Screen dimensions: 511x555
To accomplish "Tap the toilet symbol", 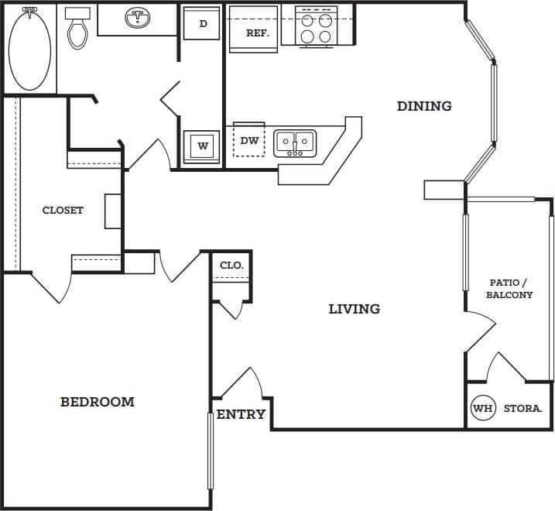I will tap(77, 30).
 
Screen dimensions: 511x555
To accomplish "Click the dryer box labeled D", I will tap(203, 24).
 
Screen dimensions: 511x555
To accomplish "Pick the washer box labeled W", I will tap(202, 146).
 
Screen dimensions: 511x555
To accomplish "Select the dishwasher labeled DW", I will tap(249, 141).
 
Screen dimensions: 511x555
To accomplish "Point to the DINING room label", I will tap(424, 106).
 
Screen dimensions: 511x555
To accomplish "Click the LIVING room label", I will tap(354, 309).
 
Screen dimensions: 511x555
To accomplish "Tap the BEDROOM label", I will tap(98, 402).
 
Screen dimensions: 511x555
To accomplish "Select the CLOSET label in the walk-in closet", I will tap(63, 210).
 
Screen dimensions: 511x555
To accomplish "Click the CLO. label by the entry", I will tap(231, 265).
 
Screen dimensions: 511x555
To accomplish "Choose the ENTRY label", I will tap(241, 414).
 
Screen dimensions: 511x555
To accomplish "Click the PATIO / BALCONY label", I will tap(509, 289).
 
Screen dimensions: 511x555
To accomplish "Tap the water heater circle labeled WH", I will tap(482, 408).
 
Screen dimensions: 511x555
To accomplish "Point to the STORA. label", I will tap(522, 408).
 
